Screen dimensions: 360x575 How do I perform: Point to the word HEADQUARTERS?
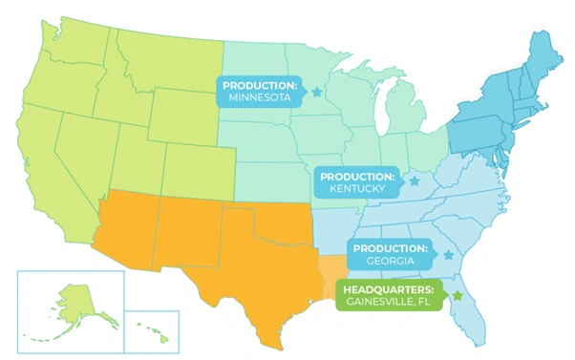tap(390, 289)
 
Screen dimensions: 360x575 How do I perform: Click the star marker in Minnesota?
tap(316, 92)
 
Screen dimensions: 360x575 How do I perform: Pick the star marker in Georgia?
tap(448, 255)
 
